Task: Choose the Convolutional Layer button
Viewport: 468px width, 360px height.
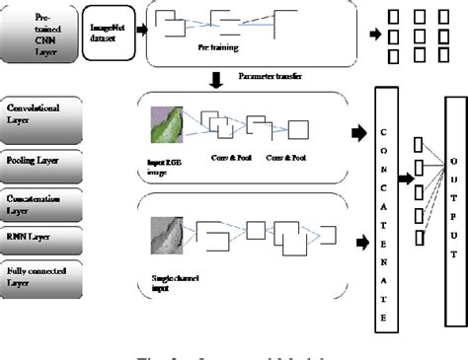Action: pos(42,114)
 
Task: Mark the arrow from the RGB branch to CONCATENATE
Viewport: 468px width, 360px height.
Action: pos(356,131)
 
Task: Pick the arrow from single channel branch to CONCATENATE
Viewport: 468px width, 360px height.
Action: pos(356,242)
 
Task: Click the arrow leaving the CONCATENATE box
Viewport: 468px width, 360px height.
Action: pos(403,180)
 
